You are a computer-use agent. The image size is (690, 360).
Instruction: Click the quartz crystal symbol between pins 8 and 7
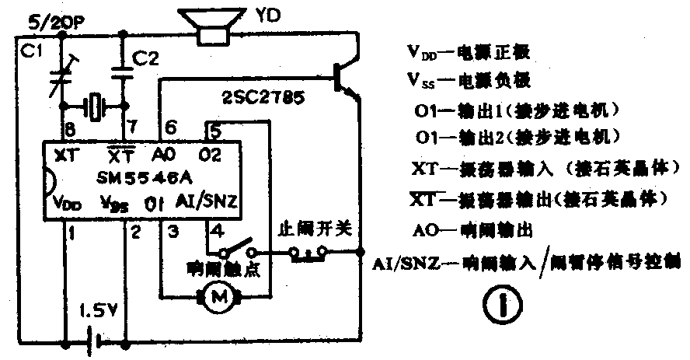click(95, 106)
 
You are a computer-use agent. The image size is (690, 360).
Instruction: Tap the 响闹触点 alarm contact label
click(216, 269)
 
